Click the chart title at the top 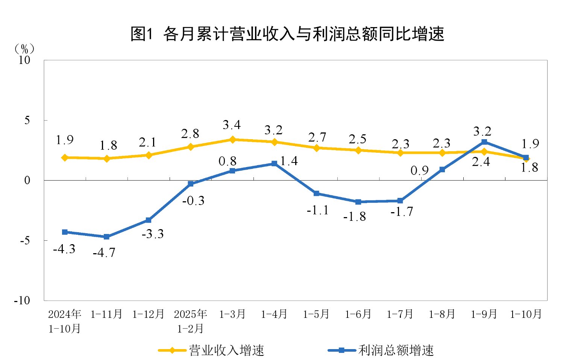pos(287,34)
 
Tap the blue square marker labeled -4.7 pos(106,237)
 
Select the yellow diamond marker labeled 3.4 pos(232,140)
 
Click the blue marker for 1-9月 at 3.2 pos(484,142)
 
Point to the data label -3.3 pos(153,234)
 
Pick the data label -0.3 pos(193,201)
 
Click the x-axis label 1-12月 pos(148,314)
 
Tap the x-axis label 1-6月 pos(358,314)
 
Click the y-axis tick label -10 pos(22,301)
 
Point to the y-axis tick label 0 pos(27,181)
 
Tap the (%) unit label pos(25,49)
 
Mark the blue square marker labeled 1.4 pos(275,164)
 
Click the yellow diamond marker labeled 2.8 pos(191,147)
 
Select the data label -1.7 pos(402,212)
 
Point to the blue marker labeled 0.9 pos(442,170)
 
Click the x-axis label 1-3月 pos(232,314)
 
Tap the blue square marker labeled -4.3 pos(65,232)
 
